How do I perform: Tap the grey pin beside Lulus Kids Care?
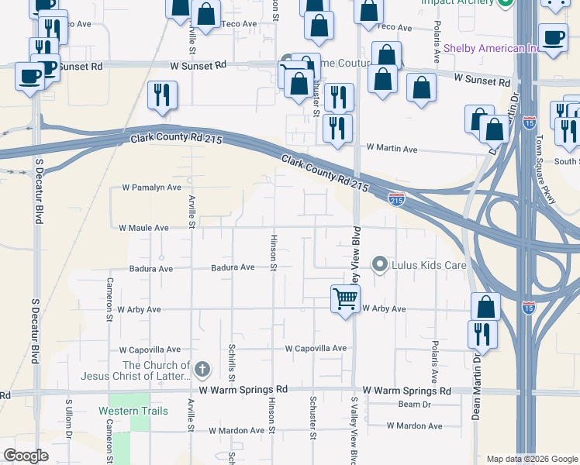click(x=380, y=265)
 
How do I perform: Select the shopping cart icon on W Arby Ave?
click(x=344, y=298)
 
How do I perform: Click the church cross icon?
click(x=202, y=370)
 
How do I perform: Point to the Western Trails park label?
click(x=133, y=411)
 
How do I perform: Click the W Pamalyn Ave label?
click(x=152, y=188)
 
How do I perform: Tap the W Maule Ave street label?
click(x=143, y=228)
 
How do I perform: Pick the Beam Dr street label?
click(x=414, y=405)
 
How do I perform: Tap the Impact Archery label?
click(x=457, y=2)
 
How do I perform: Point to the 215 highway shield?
click(x=396, y=200)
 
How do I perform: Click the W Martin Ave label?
click(x=392, y=148)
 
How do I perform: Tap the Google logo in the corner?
click(x=26, y=456)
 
